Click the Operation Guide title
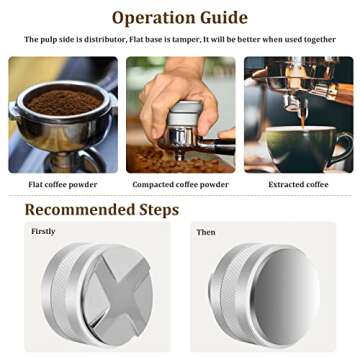pyautogui.click(x=180, y=17)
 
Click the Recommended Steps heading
pyautogui.click(x=101, y=210)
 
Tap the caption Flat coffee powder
pyautogui.click(x=60, y=184)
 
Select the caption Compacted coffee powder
pyautogui.click(x=181, y=184)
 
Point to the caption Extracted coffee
pyautogui.click(x=300, y=184)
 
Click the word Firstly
pyautogui.click(x=44, y=232)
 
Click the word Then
pyautogui.click(x=206, y=232)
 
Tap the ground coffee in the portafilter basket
pyautogui.click(x=62, y=101)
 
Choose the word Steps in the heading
pyautogui.click(x=153, y=210)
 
